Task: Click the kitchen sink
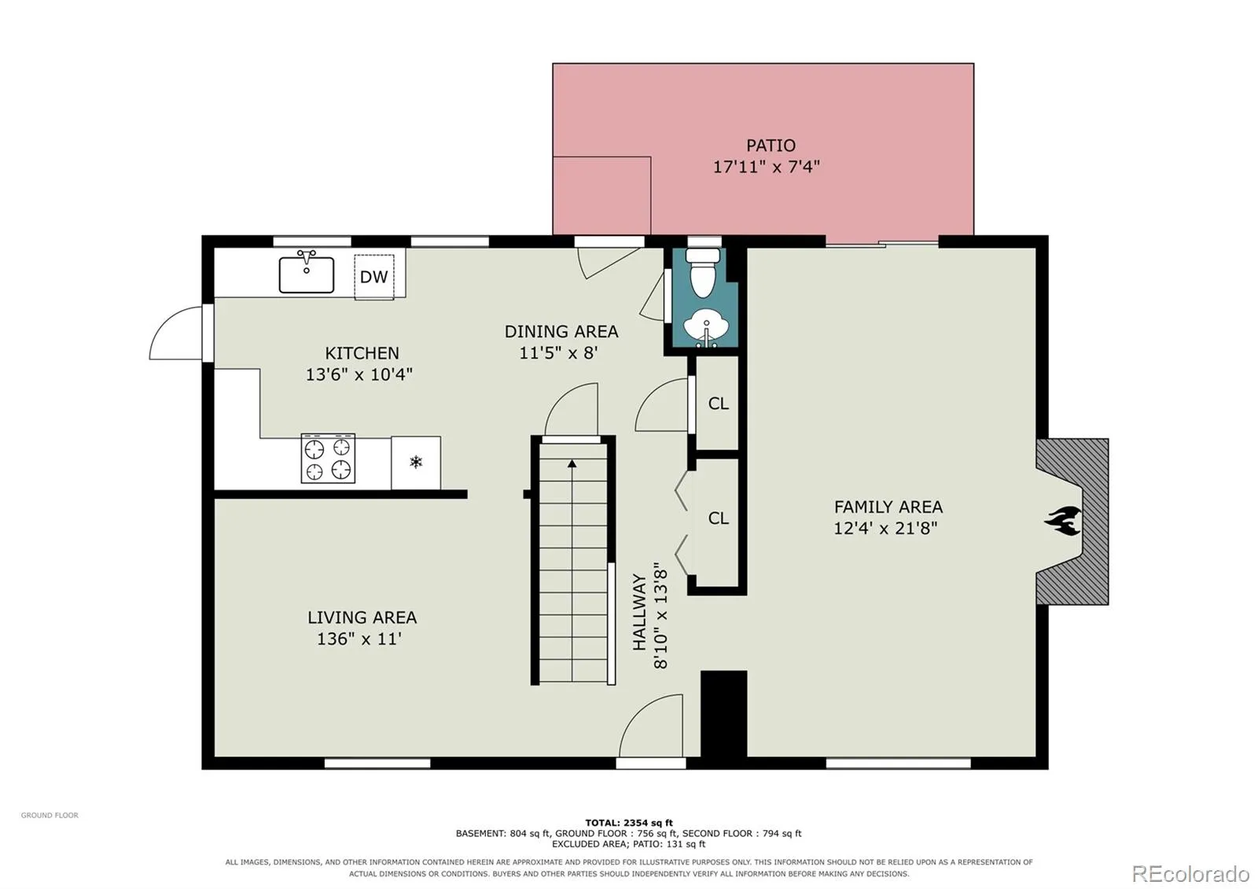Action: click(x=307, y=272)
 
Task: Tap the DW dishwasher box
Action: click(x=374, y=276)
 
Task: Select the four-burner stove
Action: click(x=328, y=458)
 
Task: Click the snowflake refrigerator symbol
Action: click(x=416, y=463)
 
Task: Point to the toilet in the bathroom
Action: click(x=703, y=272)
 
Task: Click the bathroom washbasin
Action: click(x=706, y=328)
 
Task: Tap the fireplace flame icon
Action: click(x=1062, y=521)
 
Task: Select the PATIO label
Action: click(x=771, y=146)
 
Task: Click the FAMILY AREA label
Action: click(x=888, y=507)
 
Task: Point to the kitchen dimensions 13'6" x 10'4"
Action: click(x=359, y=374)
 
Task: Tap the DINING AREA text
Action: click(x=561, y=331)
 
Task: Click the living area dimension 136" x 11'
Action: click(x=359, y=639)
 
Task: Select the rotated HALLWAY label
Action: click(x=640, y=612)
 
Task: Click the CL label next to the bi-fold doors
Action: click(x=719, y=518)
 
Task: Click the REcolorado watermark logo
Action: click(x=1190, y=874)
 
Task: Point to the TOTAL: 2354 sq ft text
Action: click(x=628, y=823)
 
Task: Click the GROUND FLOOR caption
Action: click(x=50, y=815)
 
